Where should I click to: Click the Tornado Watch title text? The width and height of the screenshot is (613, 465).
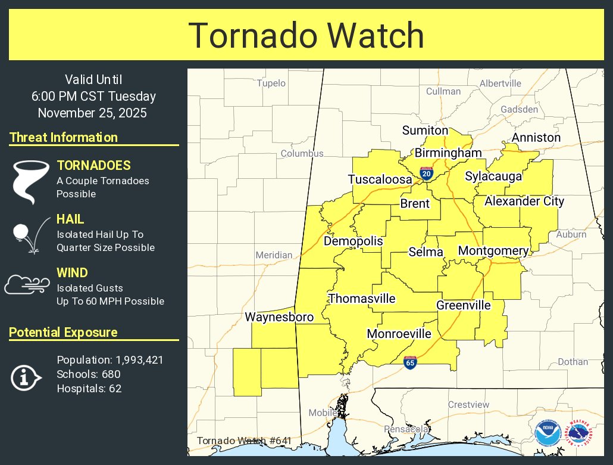pos(306,36)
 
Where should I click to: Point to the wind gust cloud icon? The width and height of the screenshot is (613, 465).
pos(27,285)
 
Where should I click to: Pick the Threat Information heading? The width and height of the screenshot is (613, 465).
pos(64,138)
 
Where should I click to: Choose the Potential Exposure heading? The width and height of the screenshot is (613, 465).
pos(64,333)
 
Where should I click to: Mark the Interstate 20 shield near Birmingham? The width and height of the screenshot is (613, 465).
pos(426,173)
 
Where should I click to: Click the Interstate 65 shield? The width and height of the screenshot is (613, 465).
pos(410,361)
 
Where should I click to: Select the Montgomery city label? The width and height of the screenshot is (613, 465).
pos(493,251)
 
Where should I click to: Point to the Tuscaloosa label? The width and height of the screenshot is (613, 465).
pos(380,179)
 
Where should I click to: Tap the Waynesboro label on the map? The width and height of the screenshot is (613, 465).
pos(279,317)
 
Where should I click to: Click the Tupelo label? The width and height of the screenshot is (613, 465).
pos(271,83)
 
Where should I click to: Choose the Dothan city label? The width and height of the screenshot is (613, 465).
pos(573,362)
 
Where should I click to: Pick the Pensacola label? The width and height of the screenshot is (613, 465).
pos(407,429)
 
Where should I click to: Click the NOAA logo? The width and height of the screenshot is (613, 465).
pos(547,433)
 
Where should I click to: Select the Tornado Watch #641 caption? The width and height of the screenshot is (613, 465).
pos(244,441)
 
